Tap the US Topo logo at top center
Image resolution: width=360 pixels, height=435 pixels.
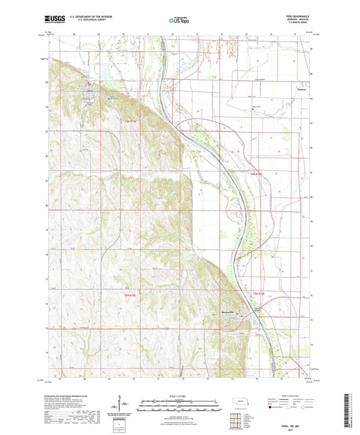point(179,22)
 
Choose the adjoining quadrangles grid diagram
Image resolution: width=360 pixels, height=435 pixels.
point(238,419)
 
